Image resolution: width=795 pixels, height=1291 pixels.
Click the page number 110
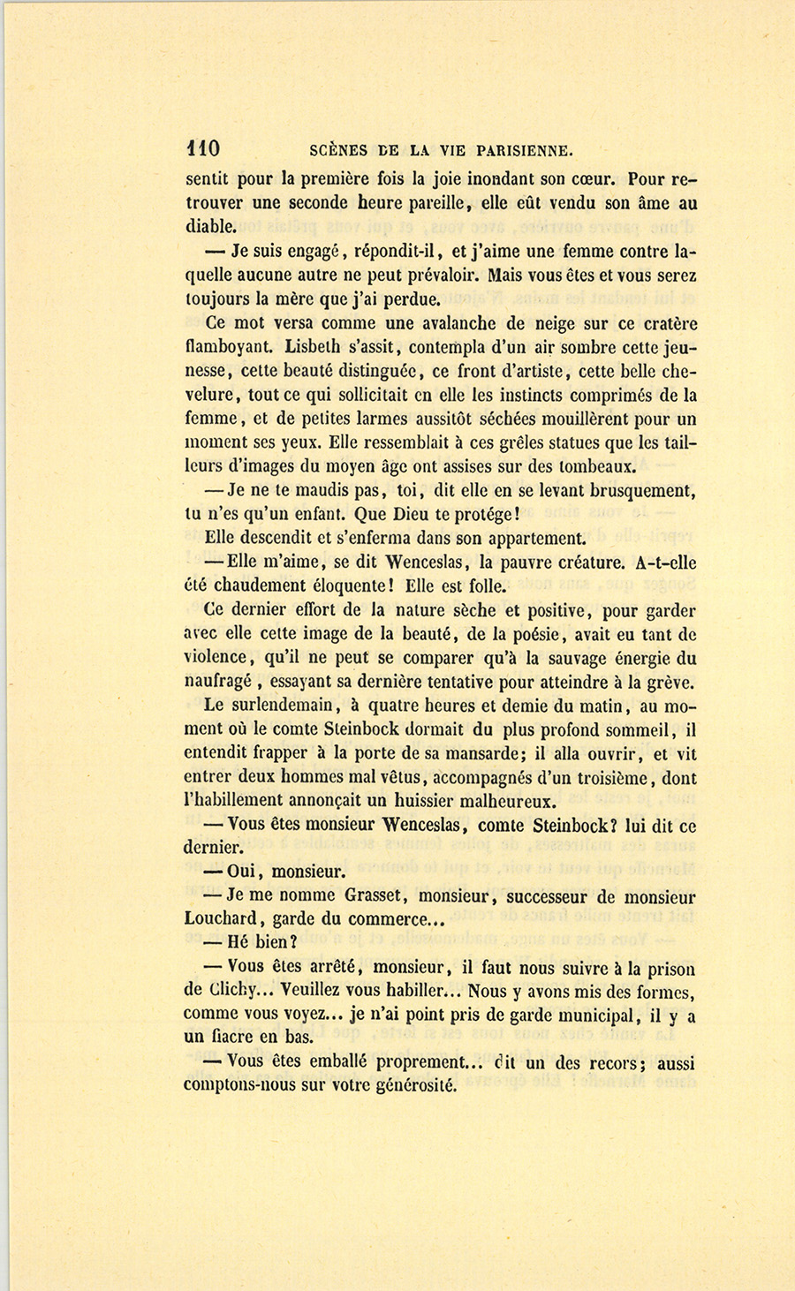(x=202, y=147)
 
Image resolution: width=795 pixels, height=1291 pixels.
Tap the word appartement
(x=528, y=537)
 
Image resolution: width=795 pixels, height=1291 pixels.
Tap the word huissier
(x=427, y=802)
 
